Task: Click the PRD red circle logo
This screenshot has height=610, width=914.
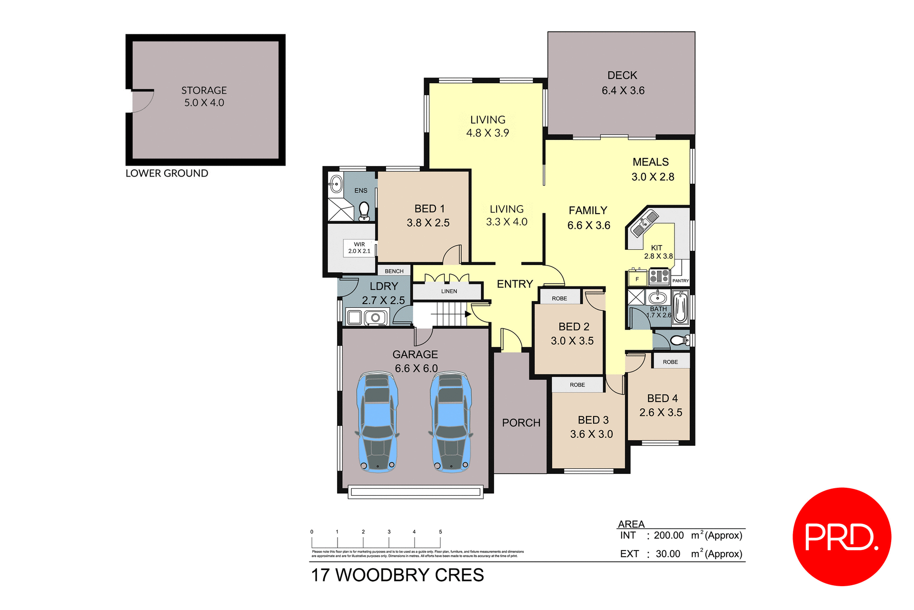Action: pyautogui.click(x=841, y=536)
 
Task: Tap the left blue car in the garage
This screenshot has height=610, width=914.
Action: pyautogui.click(x=378, y=422)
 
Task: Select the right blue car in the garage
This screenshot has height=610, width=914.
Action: pyautogui.click(x=450, y=422)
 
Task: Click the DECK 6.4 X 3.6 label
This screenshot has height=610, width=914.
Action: pyautogui.click(x=623, y=83)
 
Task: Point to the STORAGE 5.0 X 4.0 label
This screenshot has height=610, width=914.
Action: pyautogui.click(x=204, y=96)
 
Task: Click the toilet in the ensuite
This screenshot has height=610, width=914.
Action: pyautogui.click(x=364, y=210)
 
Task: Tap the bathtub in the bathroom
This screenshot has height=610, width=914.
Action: pyautogui.click(x=680, y=308)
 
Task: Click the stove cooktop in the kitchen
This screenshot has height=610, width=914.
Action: pyautogui.click(x=659, y=276)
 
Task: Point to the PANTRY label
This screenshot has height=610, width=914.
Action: pyautogui.click(x=680, y=281)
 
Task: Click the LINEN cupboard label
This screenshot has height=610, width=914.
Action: pyautogui.click(x=449, y=291)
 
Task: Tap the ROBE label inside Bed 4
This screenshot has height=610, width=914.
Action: pyautogui.click(x=670, y=362)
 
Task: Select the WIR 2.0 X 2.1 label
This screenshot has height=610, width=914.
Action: pyautogui.click(x=359, y=248)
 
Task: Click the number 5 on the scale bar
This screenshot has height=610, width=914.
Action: pyautogui.click(x=440, y=532)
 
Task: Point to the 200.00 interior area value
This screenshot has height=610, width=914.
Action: pyautogui.click(x=668, y=535)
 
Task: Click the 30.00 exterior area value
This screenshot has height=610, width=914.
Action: pyautogui.click(x=667, y=554)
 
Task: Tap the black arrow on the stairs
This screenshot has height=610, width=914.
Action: pyautogui.click(x=468, y=314)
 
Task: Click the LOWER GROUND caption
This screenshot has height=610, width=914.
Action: pyautogui.click(x=167, y=173)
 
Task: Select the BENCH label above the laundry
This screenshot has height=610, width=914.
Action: pyautogui.click(x=394, y=271)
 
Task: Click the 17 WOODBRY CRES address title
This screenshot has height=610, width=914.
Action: pyautogui.click(x=397, y=575)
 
